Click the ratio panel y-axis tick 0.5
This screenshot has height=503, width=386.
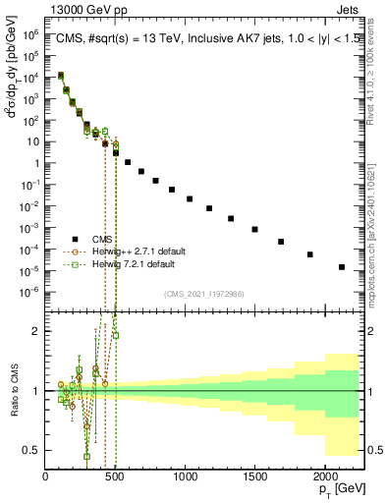(30, 450)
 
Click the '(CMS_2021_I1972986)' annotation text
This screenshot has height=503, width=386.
(203, 294)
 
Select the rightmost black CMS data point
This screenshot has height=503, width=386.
(342, 266)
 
